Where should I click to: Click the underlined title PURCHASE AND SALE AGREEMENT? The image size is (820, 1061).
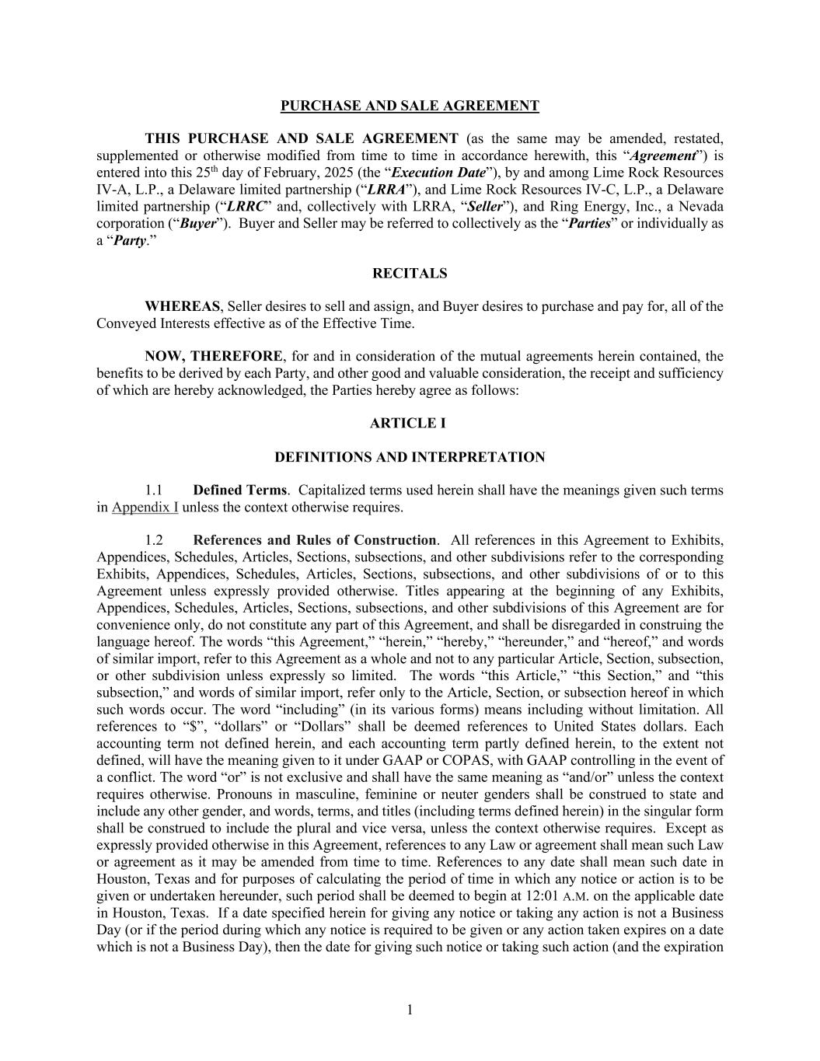410,106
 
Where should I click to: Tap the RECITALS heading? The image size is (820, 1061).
410,274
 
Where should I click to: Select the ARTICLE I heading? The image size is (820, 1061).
410,424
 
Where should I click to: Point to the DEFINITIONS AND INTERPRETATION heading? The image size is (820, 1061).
410,457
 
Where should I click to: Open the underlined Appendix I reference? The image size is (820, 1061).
145,508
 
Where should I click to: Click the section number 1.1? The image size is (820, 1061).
153,490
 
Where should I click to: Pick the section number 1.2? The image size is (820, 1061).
153,540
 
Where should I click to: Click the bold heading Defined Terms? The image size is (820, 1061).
239,490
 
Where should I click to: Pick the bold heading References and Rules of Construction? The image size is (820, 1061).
314,540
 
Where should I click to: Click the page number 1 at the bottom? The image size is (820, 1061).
410,1010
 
